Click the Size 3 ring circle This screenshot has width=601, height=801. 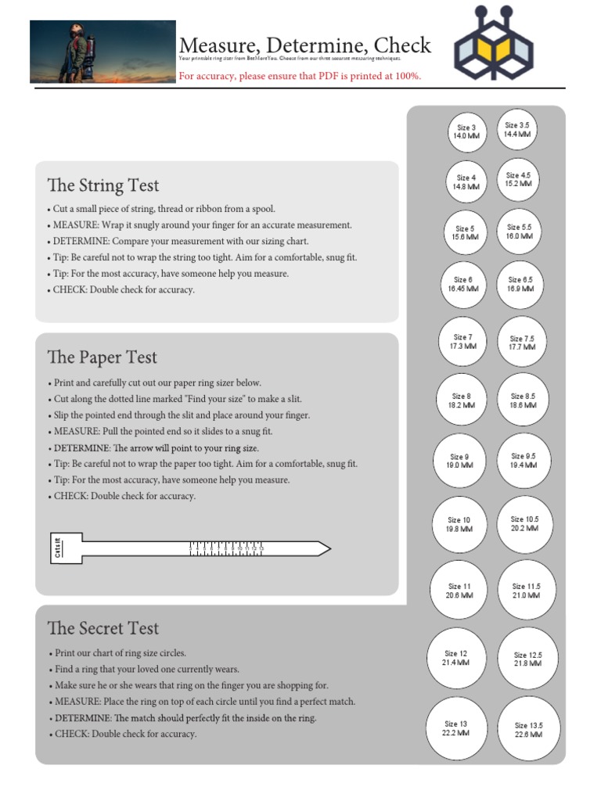[x=466, y=131]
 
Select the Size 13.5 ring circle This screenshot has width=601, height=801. [x=528, y=730]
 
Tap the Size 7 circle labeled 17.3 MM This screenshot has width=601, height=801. [x=462, y=341]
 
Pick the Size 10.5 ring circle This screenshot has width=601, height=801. [x=525, y=523]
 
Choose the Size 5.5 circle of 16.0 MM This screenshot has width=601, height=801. [x=520, y=231]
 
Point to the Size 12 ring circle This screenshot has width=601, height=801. [x=456, y=658]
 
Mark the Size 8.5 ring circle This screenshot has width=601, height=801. [x=523, y=401]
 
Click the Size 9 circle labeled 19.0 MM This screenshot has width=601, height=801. [x=459, y=461]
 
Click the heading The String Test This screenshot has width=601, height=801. [x=103, y=185]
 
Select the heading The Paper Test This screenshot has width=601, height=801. [x=102, y=357]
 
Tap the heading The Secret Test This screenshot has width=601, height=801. [x=103, y=628]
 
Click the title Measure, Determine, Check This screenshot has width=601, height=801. [x=305, y=45]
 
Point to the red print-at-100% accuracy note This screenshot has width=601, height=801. [x=300, y=76]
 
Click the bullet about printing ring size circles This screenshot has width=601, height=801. [x=121, y=652]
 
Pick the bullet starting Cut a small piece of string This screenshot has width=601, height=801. [x=164, y=209]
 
